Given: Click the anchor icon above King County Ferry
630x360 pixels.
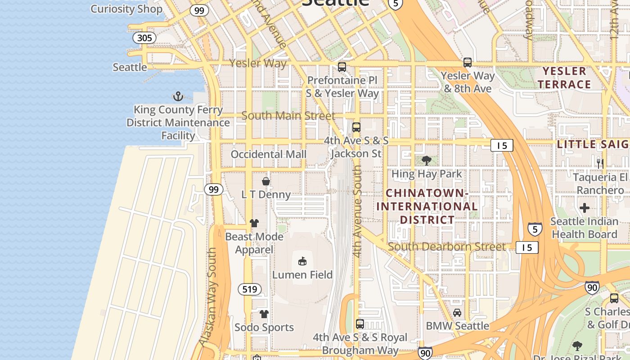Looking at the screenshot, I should [178, 96].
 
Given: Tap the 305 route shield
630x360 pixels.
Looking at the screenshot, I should [144, 38].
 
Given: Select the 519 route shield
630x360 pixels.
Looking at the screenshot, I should [249, 289].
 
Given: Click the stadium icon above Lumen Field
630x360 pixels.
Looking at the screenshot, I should [302, 261].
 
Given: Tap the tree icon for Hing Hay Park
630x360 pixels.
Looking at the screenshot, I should [426, 161].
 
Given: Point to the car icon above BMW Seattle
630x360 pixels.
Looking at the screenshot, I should [457, 312].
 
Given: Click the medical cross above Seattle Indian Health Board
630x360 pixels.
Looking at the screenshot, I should [584, 208].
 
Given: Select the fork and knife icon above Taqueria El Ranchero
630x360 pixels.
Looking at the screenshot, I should [600, 163].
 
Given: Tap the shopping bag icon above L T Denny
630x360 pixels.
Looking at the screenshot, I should [266, 181].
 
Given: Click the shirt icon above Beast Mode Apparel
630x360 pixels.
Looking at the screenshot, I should [254, 223].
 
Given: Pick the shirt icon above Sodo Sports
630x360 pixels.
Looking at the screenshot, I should [264, 314].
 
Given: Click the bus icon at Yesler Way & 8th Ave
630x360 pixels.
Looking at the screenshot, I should [468, 63].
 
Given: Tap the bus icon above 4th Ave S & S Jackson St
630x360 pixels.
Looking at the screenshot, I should [356, 127].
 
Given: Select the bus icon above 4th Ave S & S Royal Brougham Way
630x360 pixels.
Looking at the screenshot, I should [360, 324].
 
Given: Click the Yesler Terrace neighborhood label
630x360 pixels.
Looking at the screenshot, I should [564, 78].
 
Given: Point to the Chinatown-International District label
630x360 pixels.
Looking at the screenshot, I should [427, 207].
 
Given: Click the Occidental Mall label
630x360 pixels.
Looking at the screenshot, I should [268, 154].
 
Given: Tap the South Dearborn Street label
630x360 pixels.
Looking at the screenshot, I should [446, 247].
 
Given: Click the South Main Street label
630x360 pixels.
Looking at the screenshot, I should [288, 116].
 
